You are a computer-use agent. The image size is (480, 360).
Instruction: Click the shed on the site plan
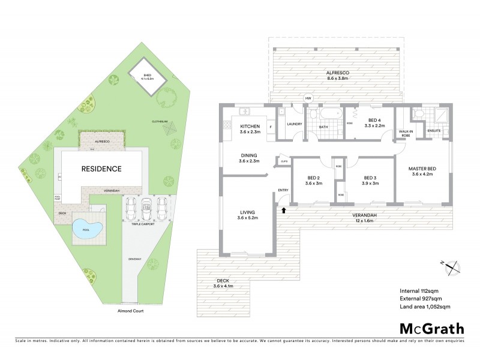tap(144, 76)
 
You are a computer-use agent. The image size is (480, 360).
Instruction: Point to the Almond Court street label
tap(131, 311)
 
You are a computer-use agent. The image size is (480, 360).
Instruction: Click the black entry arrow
tap(283, 211)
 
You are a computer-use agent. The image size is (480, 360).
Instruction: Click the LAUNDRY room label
tap(294, 124)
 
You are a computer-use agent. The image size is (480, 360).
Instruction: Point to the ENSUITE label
tap(434, 130)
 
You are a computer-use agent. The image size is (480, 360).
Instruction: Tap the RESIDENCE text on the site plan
tap(101, 169)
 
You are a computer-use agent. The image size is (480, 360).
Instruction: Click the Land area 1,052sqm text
tap(425, 307)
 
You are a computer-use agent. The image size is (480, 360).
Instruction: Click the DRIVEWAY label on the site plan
tap(134, 259)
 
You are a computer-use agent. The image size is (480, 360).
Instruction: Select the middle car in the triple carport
tap(145, 210)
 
